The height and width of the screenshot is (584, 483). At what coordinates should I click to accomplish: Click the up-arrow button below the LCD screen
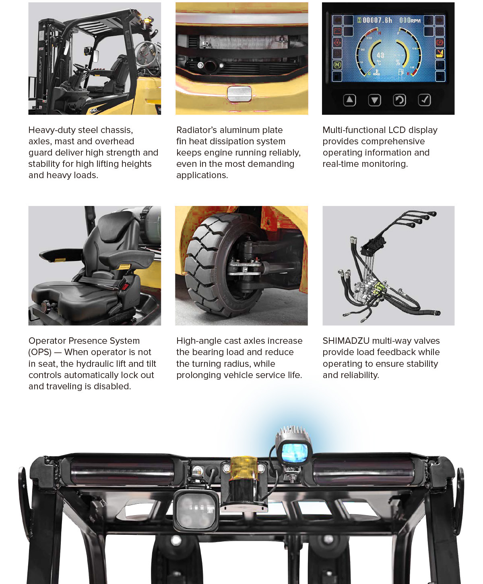click(x=349, y=100)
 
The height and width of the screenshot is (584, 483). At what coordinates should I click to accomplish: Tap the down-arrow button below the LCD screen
click(x=374, y=100)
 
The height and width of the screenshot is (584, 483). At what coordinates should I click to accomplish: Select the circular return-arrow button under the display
click(x=399, y=100)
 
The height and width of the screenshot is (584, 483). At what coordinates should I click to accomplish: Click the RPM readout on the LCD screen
click(x=410, y=20)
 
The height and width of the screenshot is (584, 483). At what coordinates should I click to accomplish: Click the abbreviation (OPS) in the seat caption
click(x=40, y=352)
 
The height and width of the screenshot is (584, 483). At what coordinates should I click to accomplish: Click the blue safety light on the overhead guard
click(x=294, y=452)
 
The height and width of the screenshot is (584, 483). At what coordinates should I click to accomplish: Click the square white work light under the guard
click(x=196, y=511)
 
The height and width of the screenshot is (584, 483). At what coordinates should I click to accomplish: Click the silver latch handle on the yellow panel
click(x=239, y=94)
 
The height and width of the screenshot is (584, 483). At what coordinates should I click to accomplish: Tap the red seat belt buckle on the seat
click(x=125, y=286)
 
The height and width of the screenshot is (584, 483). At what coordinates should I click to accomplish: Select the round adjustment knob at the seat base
click(x=45, y=305)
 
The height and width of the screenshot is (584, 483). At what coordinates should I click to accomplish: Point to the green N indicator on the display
click(x=337, y=65)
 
